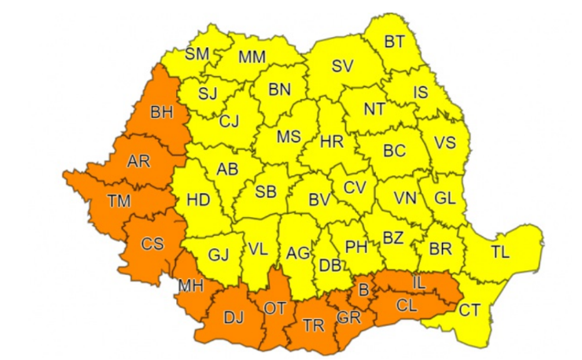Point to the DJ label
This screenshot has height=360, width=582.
[x=234, y=318]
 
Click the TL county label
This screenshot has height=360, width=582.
[x=499, y=252]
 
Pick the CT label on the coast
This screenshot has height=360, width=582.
[x=470, y=310]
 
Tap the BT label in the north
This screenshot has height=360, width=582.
[x=395, y=41]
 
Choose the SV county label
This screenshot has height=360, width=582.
[x=342, y=67]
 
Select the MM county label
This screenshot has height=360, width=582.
[x=252, y=57]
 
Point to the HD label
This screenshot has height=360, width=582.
[x=198, y=200]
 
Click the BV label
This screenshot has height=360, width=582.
[x=319, y=200]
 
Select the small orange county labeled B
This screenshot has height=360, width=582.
[x=363, y=289]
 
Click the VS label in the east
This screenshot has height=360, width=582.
[x=445, y=144]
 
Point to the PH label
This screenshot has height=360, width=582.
[x=357, y=247]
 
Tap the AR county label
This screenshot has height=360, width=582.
[x=138, y=163]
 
